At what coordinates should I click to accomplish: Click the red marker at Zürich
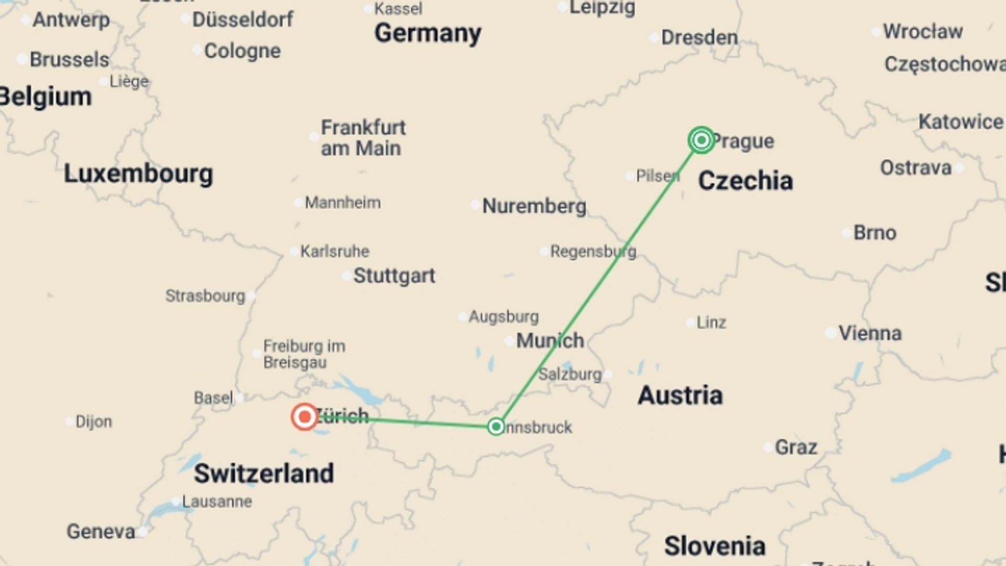(304, 417)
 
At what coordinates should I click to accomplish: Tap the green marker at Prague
(701, 140)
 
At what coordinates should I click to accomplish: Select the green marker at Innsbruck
(496, 427)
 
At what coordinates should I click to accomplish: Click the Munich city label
(550, 341)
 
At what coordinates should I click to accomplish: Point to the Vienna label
(870, 333)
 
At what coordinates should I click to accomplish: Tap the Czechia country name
(745, 181)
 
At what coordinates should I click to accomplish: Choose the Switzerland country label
(264, 473)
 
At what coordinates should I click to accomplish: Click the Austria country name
(680, 395)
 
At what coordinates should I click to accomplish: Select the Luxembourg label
(138, 173)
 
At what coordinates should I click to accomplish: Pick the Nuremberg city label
(534, 206)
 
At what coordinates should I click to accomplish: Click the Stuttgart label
(394, 276)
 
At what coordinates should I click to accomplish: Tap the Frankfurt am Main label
(363, 138)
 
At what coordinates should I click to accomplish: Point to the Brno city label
(874, 233)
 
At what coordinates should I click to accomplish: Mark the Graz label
(796, 448)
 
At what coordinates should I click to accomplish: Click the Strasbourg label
(205, 296)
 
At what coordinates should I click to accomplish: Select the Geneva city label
(101, 531)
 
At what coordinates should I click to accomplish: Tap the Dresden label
(699, 38)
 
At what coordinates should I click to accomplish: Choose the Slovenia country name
(715, 546)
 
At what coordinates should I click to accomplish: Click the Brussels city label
(69, 60)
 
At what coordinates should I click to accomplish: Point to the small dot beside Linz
(691, 323)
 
